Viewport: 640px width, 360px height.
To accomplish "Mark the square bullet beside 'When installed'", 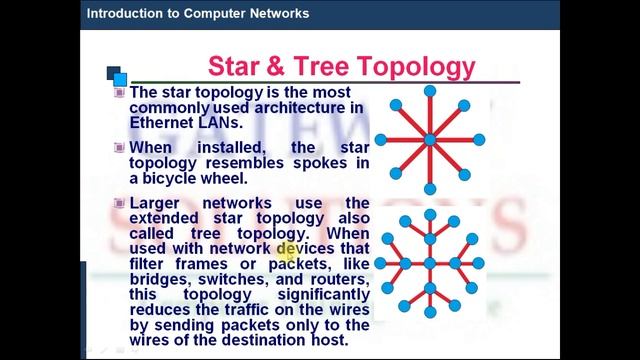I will pos(120,147).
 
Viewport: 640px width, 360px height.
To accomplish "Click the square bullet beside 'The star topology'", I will pos(120,92).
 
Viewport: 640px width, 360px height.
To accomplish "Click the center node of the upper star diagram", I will pos(430,140).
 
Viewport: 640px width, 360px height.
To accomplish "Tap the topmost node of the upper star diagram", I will pos(430,91).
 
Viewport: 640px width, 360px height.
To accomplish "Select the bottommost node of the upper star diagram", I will pos(430,189).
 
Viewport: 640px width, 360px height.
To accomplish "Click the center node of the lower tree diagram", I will pos(430,264).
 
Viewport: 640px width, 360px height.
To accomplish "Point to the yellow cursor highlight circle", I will pos(287,253).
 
